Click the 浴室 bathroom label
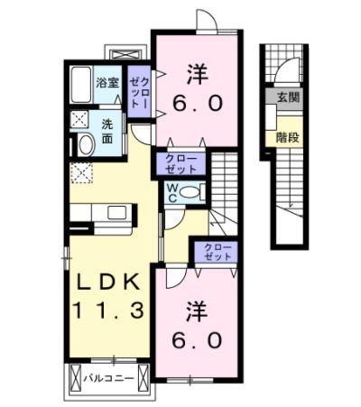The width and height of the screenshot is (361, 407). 108,83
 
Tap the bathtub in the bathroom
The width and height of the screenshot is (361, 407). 81,88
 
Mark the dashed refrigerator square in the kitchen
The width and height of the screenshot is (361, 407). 79,171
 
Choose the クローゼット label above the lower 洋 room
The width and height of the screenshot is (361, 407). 212,252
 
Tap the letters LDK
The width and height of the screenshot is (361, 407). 106,282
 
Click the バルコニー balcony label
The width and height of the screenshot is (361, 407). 104,379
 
